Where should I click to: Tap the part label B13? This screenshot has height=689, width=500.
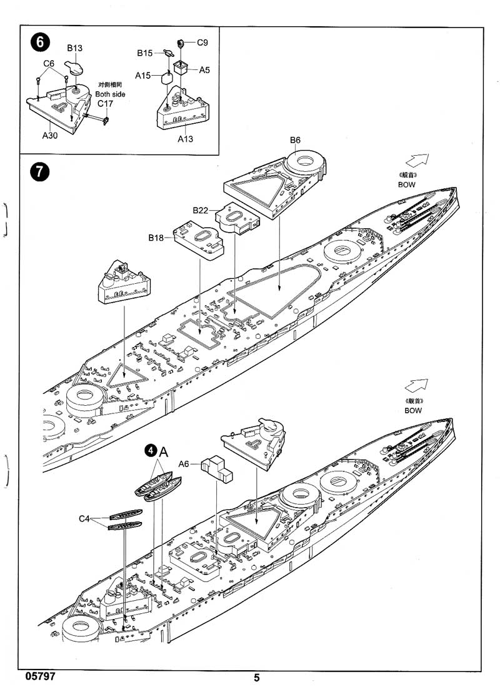75,48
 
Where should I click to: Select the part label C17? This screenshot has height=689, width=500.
105,104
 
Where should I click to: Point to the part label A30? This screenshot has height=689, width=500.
50,135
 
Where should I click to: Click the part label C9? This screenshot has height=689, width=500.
202,43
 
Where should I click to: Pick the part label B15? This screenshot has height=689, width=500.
145,53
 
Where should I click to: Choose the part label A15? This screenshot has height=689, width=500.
143,75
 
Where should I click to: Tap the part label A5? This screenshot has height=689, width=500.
204,70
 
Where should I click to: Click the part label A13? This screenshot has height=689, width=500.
185,139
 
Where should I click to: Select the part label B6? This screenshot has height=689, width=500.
295,140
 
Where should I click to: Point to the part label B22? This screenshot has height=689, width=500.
200,210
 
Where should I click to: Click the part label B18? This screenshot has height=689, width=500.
156,237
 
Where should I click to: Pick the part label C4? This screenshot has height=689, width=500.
86,519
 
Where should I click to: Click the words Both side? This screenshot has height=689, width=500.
110,94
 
